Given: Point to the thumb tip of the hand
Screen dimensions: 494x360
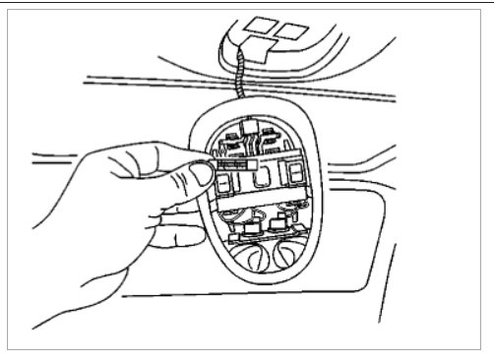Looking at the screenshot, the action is click(199, 175).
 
